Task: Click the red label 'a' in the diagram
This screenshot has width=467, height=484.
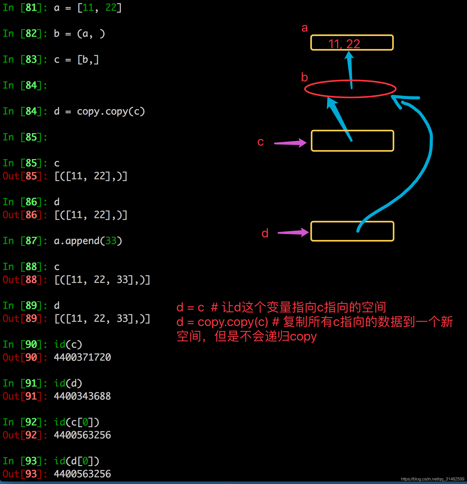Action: point(305,28)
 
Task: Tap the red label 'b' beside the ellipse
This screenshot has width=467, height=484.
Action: point(305,77)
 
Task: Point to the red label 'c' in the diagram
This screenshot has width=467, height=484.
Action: point(260,142)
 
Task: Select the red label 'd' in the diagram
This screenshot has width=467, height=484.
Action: point(265,233)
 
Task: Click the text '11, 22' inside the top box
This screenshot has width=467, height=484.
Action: point(344,44)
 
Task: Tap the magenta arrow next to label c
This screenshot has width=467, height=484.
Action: point(290,143)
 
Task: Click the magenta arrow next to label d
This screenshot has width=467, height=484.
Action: point(293,232)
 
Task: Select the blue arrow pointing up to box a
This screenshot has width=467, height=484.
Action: point(350,67)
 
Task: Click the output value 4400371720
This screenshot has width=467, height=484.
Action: point(82,357)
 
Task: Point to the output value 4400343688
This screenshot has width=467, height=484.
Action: point(82,396)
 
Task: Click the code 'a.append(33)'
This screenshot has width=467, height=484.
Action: point(88,241)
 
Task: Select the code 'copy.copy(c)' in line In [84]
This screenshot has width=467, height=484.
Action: point(111,111)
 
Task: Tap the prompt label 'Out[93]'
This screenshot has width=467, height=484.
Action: point(22,474)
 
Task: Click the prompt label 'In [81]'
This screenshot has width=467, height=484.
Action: point(22,8)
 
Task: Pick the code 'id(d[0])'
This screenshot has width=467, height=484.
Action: point(77,461)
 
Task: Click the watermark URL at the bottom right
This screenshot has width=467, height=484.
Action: point(432,479)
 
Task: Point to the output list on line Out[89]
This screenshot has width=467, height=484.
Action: point(102,318)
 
